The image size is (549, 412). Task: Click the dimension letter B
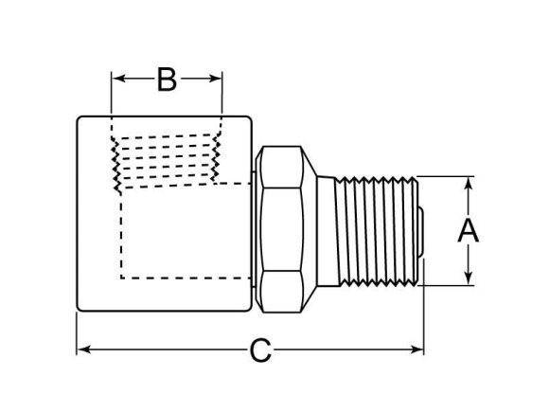click(167, 81)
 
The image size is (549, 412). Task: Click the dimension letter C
click(260, 351)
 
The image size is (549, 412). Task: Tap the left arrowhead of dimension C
click(81, 350)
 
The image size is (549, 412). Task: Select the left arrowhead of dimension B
click(116, 81)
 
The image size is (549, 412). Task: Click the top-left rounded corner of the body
click(80, 118)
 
